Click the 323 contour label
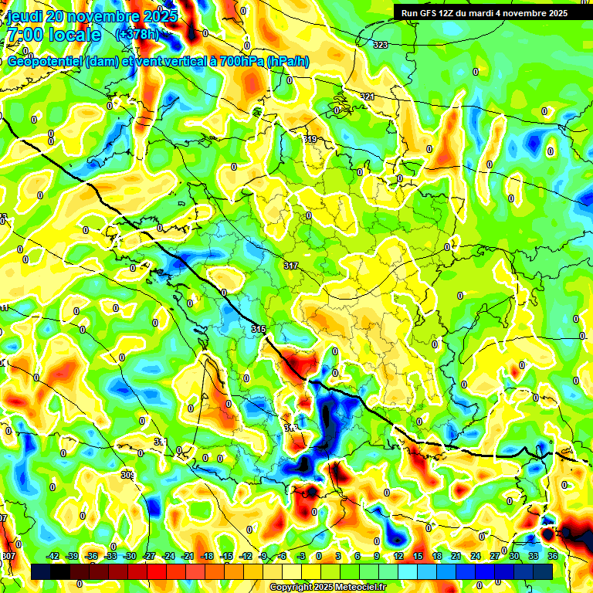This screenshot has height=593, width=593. click(380, 46)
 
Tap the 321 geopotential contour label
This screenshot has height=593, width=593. click(368, 97)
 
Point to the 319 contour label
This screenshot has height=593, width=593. click(310, 139)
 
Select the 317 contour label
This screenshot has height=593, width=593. click(291, 266)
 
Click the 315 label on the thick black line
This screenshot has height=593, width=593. click(259, 330)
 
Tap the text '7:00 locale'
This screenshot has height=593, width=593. click(53, 35)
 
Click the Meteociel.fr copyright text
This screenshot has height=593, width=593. click(328, 588)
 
